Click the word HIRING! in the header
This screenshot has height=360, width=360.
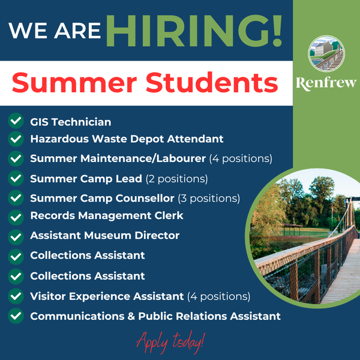point(194,31)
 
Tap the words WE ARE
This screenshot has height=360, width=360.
point(55,31)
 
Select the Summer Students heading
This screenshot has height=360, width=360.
point(145,83)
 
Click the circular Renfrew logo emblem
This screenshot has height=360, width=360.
point(326,54)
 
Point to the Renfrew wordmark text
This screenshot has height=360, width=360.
point(326,83)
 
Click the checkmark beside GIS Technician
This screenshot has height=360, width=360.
point(16,121)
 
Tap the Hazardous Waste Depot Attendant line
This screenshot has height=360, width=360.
point(127,139)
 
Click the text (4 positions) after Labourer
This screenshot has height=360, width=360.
point(241,158)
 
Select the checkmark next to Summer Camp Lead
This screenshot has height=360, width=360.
point(16,178)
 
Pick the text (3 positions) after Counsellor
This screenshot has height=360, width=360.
point(209,199)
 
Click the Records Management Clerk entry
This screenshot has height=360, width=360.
point(107,215)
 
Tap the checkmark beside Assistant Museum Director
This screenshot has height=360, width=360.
point(16,237)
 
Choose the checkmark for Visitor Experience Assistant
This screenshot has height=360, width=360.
point(16,296)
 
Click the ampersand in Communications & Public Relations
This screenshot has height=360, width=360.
point(131,316)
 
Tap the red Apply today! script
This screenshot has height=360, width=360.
point(170,343)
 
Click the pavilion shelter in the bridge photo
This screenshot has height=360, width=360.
point(292,229)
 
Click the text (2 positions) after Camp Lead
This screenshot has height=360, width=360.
point(177,179)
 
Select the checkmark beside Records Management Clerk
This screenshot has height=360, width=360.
point(16,217)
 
